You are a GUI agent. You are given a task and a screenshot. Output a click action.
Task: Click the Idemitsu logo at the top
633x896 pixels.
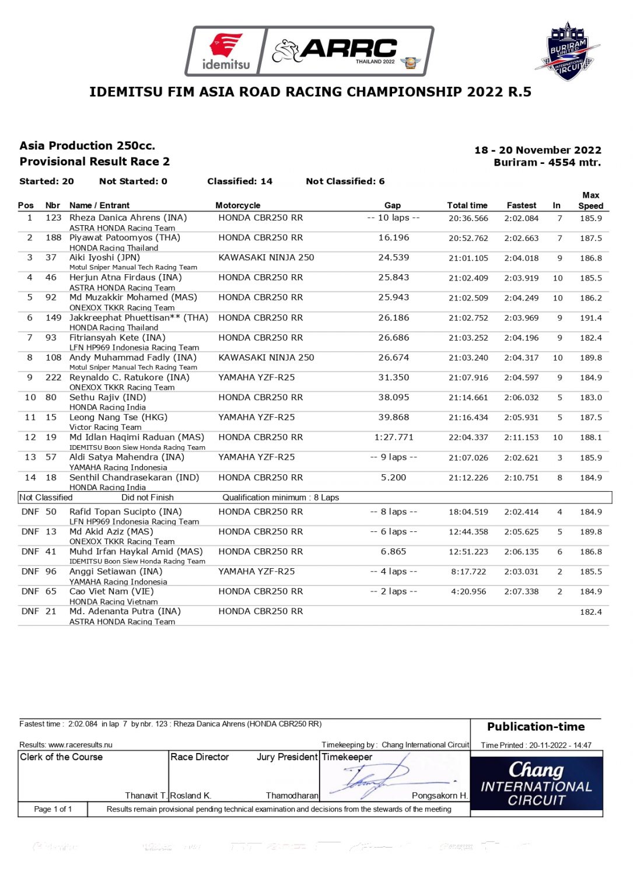point(225,51)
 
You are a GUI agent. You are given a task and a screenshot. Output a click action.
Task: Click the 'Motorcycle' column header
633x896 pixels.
point(237,205)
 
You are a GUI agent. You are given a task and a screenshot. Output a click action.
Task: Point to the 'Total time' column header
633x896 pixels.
point(467,205)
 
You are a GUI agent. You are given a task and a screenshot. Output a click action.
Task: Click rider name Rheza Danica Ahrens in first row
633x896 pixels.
point(128,218)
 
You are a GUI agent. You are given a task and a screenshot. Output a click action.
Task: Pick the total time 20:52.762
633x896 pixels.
point(468,238)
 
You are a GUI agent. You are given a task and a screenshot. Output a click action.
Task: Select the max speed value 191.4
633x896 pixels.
point(590,318)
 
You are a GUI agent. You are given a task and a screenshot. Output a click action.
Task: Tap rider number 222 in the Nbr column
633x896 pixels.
point(53,377)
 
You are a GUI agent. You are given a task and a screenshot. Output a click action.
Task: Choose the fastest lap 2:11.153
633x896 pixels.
point(521,437)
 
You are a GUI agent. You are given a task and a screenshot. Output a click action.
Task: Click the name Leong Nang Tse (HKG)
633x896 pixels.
point(118,418)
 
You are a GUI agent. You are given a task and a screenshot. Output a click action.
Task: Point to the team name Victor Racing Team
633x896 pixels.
point(105,427)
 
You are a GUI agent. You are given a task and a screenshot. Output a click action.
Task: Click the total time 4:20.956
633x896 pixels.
point(468,591)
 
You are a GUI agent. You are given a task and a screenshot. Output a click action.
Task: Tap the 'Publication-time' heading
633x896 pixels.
point(536,727)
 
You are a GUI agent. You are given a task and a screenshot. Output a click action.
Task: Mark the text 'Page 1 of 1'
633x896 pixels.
point(53,809)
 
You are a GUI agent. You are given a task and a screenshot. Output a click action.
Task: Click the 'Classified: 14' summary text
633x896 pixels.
point(239,181)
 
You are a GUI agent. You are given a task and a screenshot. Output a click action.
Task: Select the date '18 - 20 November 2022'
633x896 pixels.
point(537,150)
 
